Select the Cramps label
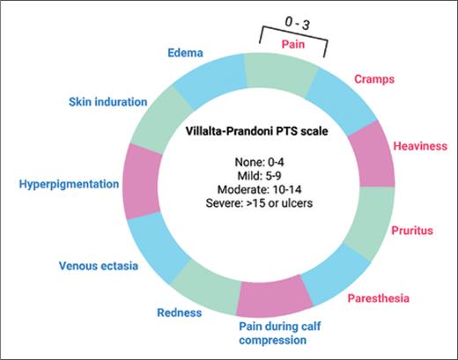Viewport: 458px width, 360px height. click(x=373, y=79)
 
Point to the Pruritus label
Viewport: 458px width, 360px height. click(x=413, y=231)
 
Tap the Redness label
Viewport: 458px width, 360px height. click(x=179, y=312)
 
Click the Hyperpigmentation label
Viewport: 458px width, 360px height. click(x=68, y=184)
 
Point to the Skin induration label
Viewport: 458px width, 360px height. click(x=107, y=102)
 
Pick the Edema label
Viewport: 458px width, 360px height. click(x=186, y=53)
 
